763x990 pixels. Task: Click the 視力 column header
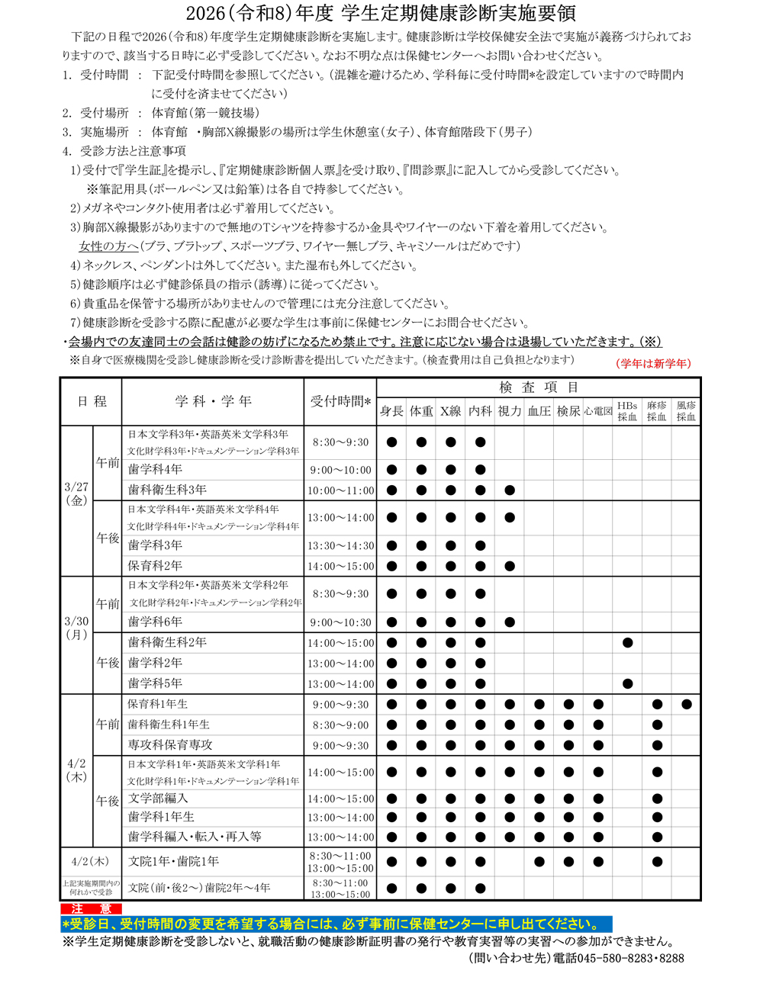(x=510, y=411)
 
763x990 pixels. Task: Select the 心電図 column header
(x=598, y=411)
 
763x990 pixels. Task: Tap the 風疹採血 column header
(x=686, y=411)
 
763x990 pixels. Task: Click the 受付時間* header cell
(x=340, y=401)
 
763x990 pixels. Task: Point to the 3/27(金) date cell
(x=76, y=493)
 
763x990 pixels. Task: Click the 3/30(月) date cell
(x=76, y=628)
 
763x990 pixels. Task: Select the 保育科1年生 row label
(x=158, y=704)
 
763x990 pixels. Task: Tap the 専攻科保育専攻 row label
(x=170, y=745)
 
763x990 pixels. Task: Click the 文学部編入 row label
(x=157, y=799)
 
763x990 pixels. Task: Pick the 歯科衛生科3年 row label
(x=167, y=490)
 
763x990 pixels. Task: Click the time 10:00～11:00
(x=340, y=490)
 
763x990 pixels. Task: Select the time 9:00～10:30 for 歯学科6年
(x=340, y=622)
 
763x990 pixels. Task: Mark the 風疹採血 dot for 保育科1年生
(x=686, y=705)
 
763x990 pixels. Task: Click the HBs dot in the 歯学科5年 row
(x=627, y=683)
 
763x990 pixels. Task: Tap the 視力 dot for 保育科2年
(x=510, y=566)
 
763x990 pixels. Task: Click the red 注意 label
(x=92, y=909)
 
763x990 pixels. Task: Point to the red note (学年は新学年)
(x=653, y=364)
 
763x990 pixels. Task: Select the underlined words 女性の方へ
(x=108, y=246)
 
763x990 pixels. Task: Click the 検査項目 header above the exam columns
(x=539, y=387)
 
